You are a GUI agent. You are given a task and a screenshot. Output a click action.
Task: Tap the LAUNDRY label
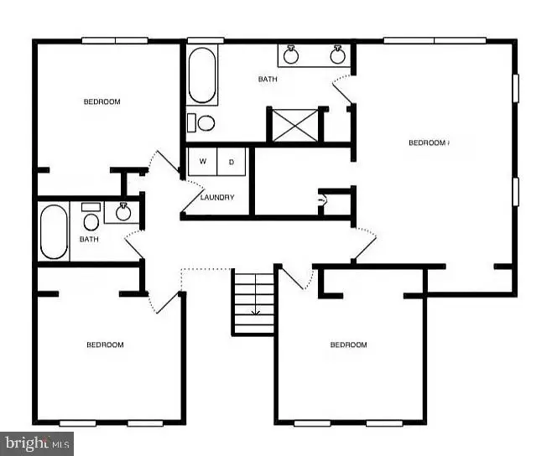pos(216,198)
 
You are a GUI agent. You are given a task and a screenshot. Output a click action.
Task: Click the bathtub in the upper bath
pos(201,75)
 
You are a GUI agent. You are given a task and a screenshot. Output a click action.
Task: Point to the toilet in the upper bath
pos(202,123)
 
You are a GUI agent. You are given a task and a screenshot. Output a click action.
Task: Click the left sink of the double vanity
pos(292,55)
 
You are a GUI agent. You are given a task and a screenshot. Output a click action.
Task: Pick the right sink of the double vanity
pos(338,55)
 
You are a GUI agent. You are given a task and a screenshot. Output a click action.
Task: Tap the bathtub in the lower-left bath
pos(54,231)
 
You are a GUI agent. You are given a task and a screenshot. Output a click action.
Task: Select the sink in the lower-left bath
pos(123,211)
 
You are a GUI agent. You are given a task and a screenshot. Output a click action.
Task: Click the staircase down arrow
pos(255,313)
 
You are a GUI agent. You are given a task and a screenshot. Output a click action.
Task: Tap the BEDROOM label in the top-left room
pos(102,102)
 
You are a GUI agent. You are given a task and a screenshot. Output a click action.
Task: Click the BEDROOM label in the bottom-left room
pos(106,345)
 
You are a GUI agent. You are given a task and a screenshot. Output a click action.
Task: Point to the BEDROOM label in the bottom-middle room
pos(348,345)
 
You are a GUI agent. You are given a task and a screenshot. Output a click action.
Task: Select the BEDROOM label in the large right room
pos(427,142)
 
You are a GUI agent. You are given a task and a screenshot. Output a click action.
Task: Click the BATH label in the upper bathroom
pos(268,80)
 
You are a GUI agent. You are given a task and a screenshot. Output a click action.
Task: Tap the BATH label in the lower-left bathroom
pos(89,239)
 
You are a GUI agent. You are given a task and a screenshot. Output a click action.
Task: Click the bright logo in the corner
pos(37,443)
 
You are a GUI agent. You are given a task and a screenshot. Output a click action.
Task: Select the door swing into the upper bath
pos(342,89)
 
